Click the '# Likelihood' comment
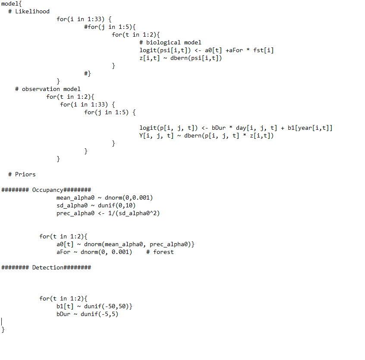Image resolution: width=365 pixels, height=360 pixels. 29,11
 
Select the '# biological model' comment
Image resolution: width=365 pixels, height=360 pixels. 170,42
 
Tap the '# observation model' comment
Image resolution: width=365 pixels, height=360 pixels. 48,89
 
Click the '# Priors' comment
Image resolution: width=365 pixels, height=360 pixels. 22,174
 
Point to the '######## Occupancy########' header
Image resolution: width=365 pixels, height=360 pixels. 46,190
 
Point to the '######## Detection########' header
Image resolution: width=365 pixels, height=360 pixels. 46,267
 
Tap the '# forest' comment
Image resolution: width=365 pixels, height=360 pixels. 160,252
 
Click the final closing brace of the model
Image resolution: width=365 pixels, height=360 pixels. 3,329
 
